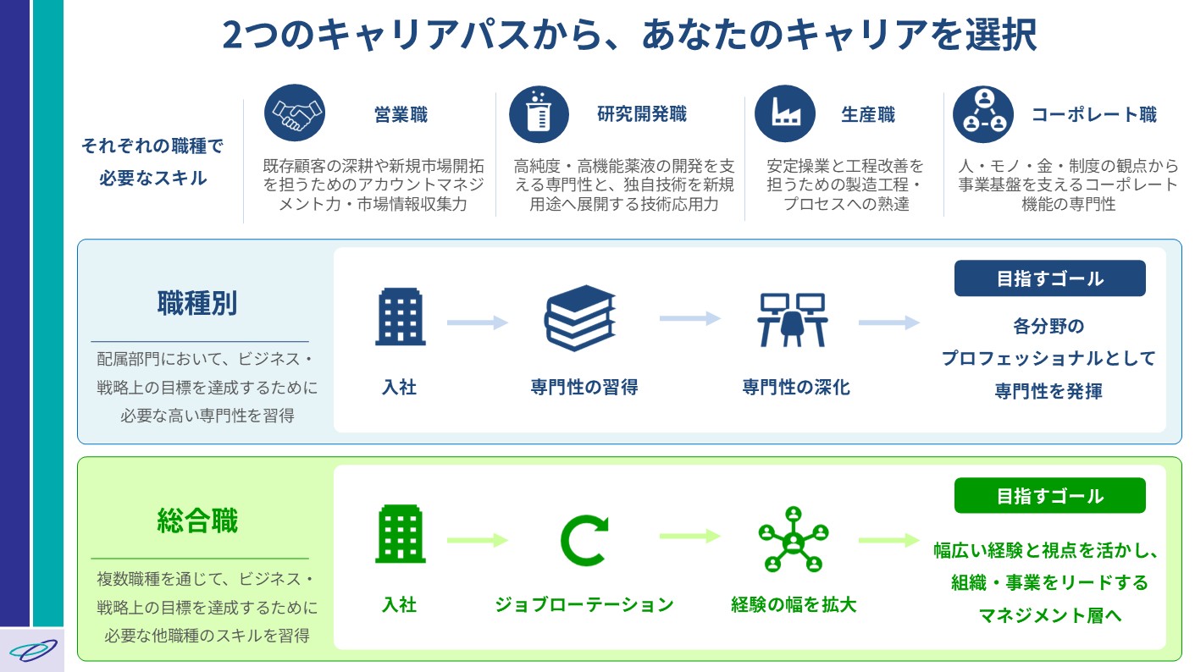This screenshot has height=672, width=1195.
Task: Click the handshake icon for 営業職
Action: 295,113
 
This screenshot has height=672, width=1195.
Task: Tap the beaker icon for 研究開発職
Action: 539,114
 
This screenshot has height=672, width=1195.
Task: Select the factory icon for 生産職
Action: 785,113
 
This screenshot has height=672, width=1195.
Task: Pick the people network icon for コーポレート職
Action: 983,114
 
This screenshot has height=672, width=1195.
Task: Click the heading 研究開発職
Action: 642,114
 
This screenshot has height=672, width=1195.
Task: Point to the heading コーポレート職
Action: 1093,114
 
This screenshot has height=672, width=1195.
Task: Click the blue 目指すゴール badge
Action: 1050,278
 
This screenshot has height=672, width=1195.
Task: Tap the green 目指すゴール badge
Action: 1050,495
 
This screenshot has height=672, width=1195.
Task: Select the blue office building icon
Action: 400,317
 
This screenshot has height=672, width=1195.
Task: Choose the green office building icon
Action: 400,534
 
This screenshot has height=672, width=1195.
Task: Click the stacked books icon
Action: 580,318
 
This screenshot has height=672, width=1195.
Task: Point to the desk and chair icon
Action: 792,319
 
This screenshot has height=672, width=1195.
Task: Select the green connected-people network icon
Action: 794,540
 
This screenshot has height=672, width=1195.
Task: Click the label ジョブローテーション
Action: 584,605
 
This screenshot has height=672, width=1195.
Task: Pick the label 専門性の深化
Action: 796,387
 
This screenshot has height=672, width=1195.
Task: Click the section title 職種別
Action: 197,304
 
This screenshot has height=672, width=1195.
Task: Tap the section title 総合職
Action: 197,521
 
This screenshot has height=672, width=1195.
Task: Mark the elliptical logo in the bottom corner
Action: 33,651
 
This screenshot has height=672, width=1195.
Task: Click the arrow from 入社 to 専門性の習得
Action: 478,322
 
